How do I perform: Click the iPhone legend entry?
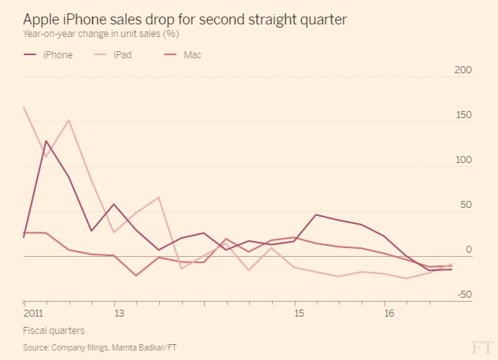click(x=57, y=55)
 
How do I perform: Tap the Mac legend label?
click(x=192, y=55)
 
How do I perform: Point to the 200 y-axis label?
click(x=463, y=70)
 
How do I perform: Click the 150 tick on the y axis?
click(x=463, y=115)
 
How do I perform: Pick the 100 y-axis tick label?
click(x=463, y=160)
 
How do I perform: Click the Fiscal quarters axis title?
click(x=54, y=330)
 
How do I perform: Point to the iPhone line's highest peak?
click(x=46, y=141)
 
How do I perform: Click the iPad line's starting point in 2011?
click(x=24, y=107)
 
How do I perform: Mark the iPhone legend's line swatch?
click(x=32, y=55)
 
